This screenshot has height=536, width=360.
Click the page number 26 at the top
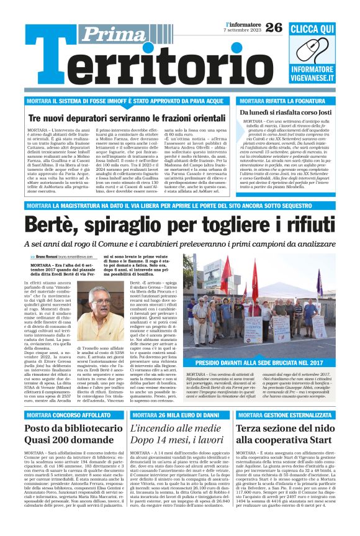click(274, 27)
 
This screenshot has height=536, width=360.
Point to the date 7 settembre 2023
click(243, 30)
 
